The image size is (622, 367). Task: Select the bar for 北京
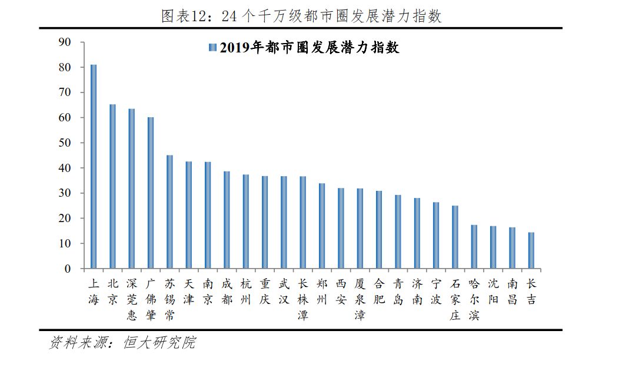click(x=112, y=187)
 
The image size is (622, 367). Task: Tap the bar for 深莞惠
click(x=131, y=189)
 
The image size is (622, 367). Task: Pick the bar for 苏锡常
click(x=169, y=212)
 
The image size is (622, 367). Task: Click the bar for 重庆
click(x=265, y=223)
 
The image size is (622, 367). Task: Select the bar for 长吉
click(x=531, y=250)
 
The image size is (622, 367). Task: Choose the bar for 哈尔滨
click(x=474, y=247)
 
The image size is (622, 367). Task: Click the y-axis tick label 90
click(x=65, y=42)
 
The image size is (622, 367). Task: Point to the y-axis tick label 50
click(x=65, y=143)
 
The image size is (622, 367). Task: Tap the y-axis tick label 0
click(x=68, y=269)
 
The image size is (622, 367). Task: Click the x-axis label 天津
click(x=188, y=291)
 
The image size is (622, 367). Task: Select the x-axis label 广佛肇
click(x=151, y=299)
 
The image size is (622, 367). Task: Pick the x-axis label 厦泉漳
click(x=360, y=299)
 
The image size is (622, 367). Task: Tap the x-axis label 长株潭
click(x=302, y=299)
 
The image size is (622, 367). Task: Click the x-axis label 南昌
click(x=512, y=291)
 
